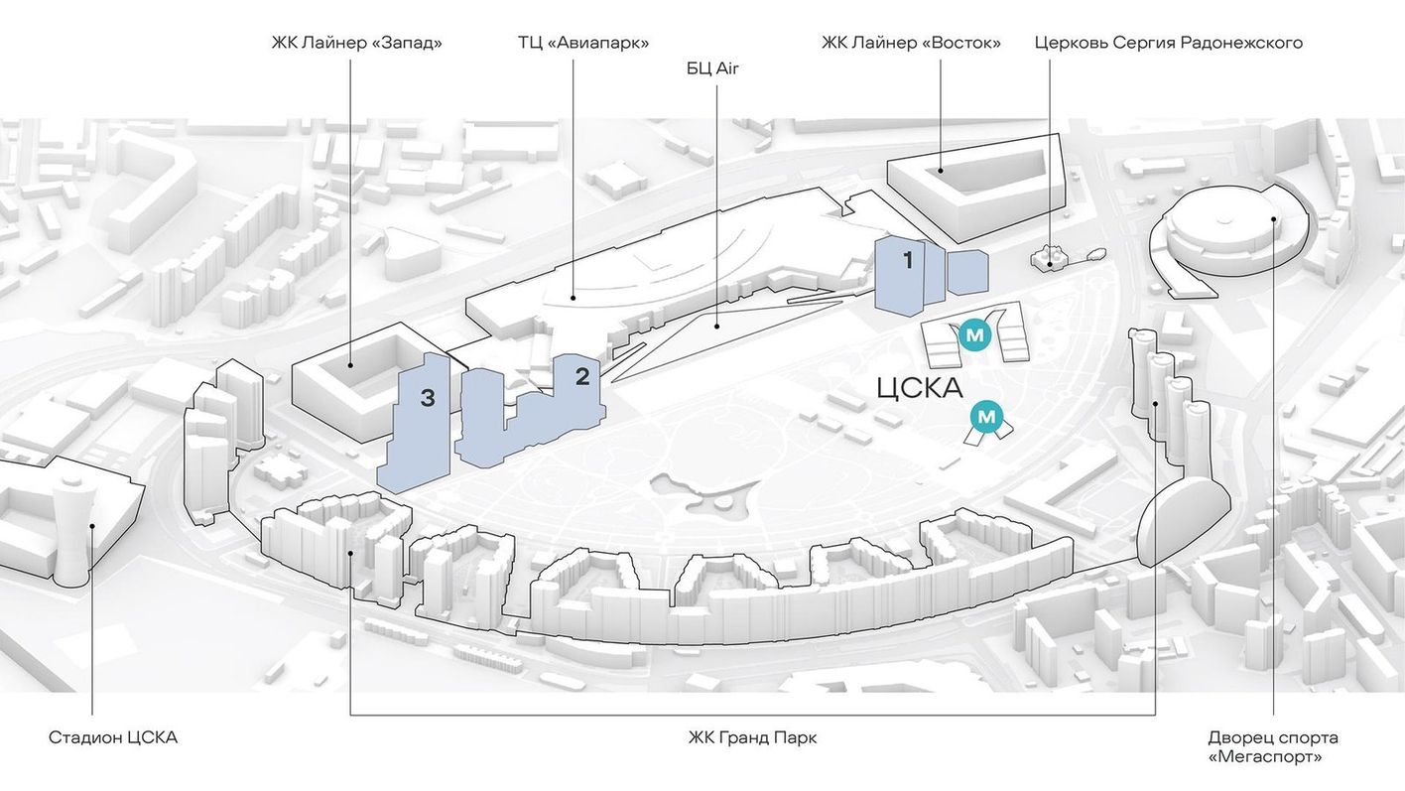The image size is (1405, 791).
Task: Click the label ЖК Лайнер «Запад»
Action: coord(357,43)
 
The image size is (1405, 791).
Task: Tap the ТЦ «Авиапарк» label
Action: coord(583,43)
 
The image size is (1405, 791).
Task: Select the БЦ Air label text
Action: coord(712,68)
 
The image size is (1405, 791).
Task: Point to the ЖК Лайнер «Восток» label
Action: coord(911,43)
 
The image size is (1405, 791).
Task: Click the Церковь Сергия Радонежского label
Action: coord(1169,43)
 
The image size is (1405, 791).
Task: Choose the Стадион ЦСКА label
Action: coord(113,737)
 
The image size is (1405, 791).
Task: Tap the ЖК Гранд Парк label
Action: coord(753,737)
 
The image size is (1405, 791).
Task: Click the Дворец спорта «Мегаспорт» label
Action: coord(1273,746)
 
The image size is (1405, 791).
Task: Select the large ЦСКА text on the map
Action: coord(920,388)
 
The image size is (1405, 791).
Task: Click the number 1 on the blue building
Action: coord(908,260)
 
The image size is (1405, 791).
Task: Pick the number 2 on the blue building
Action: coord(582,376)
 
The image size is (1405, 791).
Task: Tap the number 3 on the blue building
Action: coord(427,397)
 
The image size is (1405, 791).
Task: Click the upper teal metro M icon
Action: coord(974,335)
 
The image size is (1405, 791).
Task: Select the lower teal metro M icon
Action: coord(986,417)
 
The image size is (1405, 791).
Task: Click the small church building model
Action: coord(1049,257)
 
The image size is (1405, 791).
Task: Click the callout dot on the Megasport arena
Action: coord(1273,219)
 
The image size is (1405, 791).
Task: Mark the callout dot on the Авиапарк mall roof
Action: coord(573,298)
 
